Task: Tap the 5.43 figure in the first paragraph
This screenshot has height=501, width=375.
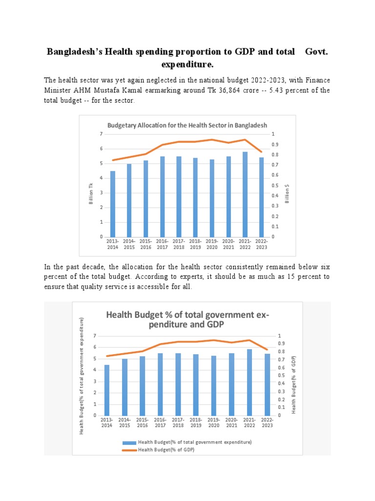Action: (281, 90)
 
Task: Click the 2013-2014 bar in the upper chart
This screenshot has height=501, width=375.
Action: (113, 204)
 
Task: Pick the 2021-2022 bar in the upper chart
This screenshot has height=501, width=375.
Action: (245, 194)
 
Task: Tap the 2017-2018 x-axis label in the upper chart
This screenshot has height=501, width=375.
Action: (179, 244)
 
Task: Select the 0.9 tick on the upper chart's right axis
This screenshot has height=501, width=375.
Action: (276, 144)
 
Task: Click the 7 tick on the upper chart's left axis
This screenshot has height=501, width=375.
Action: (101, 134)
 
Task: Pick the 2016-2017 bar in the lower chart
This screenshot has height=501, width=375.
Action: (160, 384)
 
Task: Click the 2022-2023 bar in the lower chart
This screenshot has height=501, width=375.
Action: (267, 385)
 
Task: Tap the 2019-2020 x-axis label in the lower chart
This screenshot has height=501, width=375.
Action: (213, 423)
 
